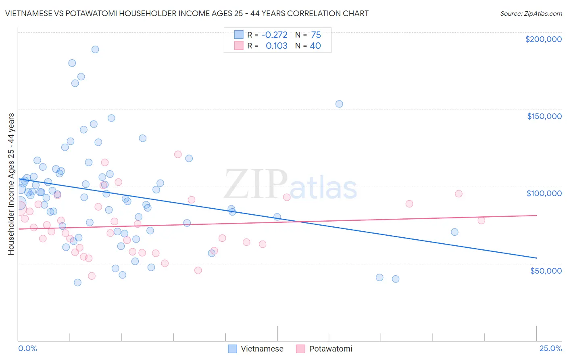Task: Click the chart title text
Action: pyautogui.click(x=187, y=13)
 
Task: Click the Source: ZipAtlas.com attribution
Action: pyautogui.click(x=531, y=13)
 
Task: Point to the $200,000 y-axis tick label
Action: pyautogui.click(x=543, y=39)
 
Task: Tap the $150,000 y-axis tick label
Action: pyautogui.click(x=544, y=116)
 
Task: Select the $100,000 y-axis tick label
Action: pyautogui.click(x=544, y=193)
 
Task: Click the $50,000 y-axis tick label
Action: pyautogui.click(x=546, y=270)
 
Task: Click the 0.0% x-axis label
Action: pyautogui.click(x=27, y=348)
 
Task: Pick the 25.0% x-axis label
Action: pyautogui.click(x=550, y=348)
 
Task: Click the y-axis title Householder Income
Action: pyautogui.click(x=11, y=184)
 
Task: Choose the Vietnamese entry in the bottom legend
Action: pyautogui.click(x=256, y=349)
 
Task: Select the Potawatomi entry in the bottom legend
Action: pyautogui.click(x=324, y=349)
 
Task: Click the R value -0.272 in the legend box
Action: pyautogui.click(x=274, y=35)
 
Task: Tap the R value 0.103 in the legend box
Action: pyautogui.click(x=276, y=46)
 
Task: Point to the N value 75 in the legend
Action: pyautogui.click(x=316, y=35)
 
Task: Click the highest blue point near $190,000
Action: pyautogui.click(x=95, y=49)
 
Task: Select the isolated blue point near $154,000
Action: pyautogui.click(x=339, y=104)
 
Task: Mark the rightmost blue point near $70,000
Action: pyautogui.click(x=454, y=232)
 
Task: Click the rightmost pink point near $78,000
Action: pyautogui.click(x=481, y=220)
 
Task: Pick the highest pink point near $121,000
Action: pyautogui.click(x=178, y=154)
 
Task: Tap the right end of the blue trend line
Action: pyautogui.click(x=536, y=257)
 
